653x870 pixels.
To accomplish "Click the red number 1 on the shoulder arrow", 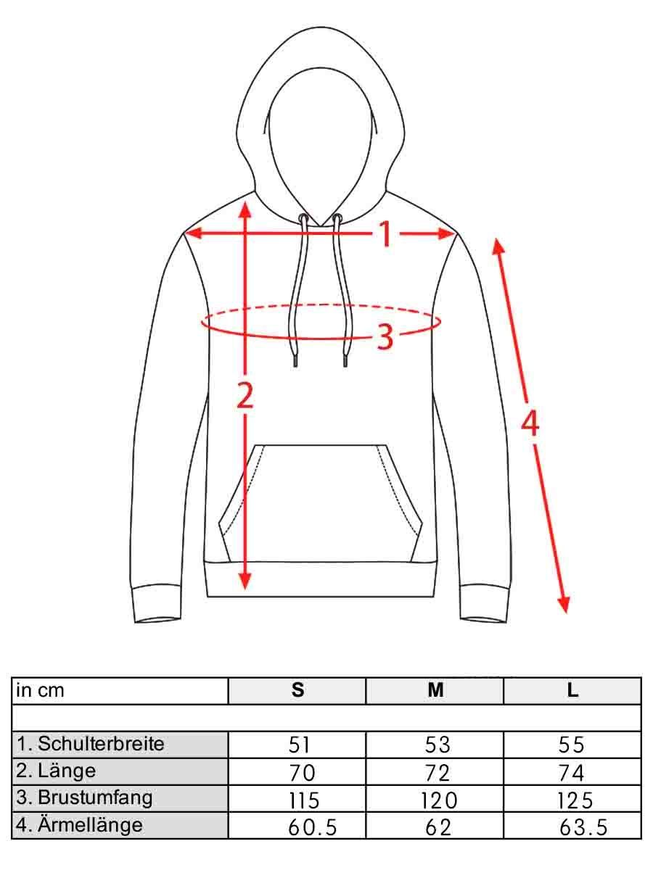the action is (385, 234).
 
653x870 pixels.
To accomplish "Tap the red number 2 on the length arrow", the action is (245, 394).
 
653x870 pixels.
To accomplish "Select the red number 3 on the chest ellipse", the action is (385, 337).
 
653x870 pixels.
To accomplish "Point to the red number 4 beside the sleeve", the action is (530, 423).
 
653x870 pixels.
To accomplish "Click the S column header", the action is (297, 690).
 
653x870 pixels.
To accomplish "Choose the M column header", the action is (435, 690).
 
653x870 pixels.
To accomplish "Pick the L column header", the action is (572, 690).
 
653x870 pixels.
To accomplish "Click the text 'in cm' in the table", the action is (40, 690).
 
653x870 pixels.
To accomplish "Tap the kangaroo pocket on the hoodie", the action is (321, 503).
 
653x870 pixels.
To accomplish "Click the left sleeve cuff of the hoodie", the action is (157, 603).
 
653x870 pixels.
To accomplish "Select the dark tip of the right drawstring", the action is (345, 361).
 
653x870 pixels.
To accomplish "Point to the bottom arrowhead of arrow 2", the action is (245, 581).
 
